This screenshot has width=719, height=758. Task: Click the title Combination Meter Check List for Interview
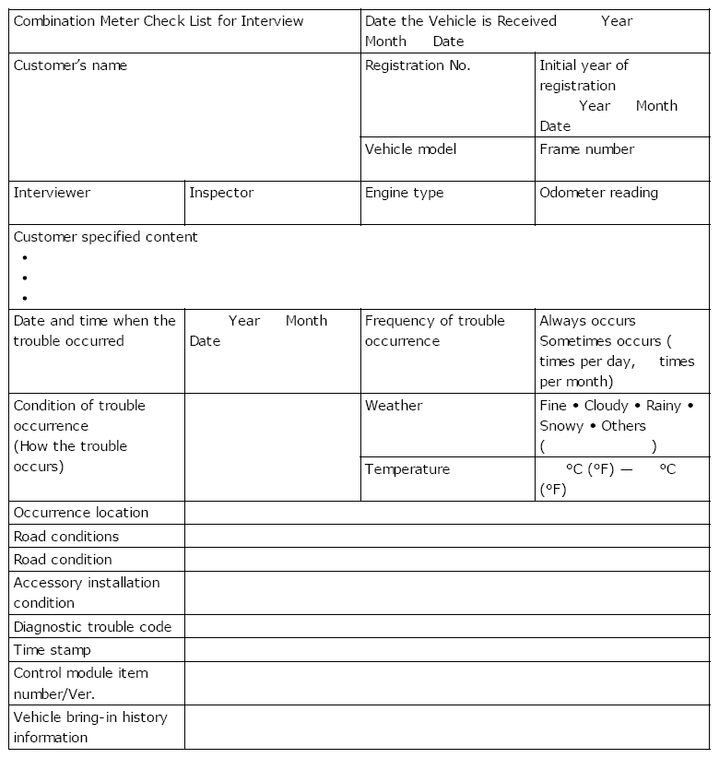tap(159, 21)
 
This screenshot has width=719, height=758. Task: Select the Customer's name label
tap(71, 65)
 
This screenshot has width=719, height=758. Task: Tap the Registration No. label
tap(418, 65)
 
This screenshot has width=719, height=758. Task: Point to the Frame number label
tap(586, 149)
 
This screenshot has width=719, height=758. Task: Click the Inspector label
tap(221, 193)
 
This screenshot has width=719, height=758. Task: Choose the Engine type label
tap(404, 193)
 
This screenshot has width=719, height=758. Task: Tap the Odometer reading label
tap(598, 193)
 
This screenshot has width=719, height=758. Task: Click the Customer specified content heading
tap(106, 237)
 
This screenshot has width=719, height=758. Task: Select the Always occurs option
tap(587, 321)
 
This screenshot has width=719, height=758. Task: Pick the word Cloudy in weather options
tap(606, 406)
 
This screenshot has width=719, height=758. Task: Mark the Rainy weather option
tap(664, 406)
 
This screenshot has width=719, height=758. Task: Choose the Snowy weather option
tap(561, 426)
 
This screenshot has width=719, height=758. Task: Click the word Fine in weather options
tap(553, 406)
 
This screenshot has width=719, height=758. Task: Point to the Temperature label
tap(407, 469)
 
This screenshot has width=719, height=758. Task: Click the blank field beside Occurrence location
tap(447, 513)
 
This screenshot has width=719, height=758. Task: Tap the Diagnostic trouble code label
tap(92, 627)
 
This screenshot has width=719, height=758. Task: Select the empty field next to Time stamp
tap(447, 650)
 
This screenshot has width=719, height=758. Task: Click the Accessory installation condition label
tap(87, 593)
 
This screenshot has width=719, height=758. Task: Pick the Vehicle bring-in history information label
tap(90, 728)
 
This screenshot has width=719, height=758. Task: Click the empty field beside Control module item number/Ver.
tap(447, 683)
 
